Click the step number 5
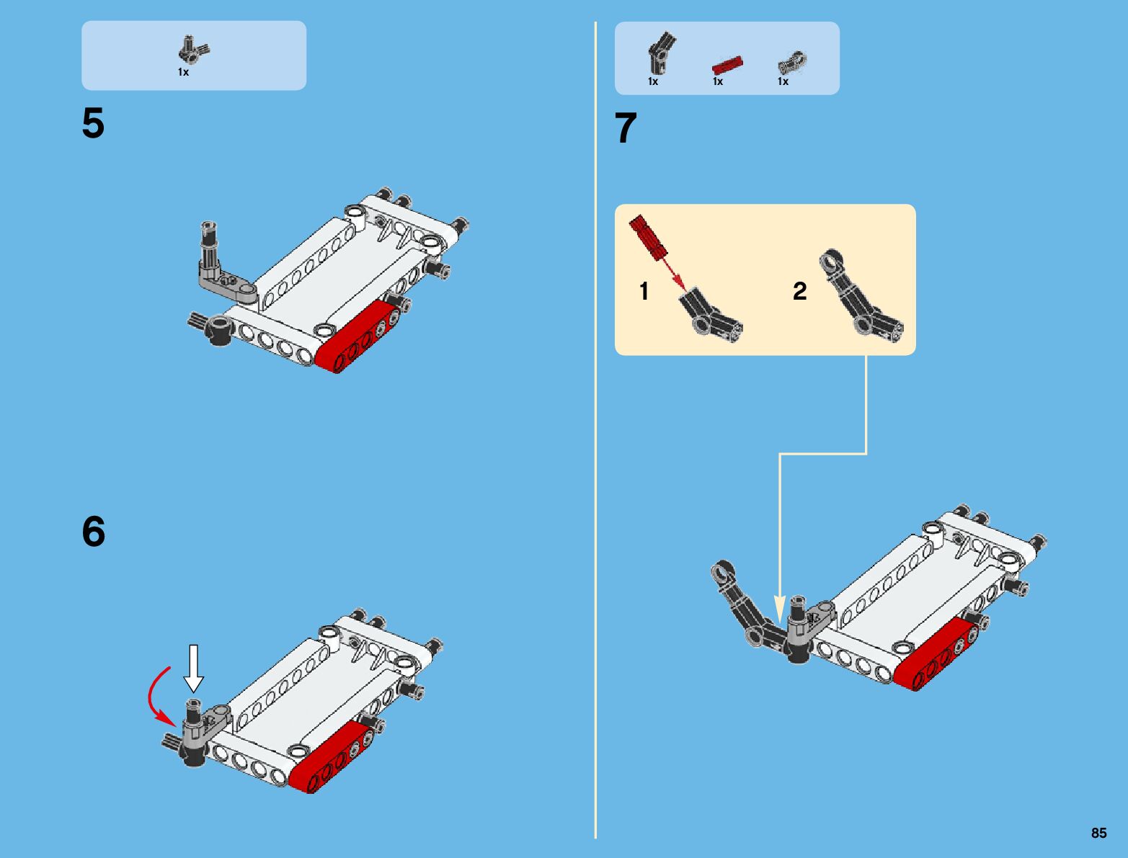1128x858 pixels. tap(93, 122)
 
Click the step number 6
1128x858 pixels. tap(94, 532)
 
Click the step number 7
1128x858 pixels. tap(626, 128)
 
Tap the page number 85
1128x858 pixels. tap(1098, 833)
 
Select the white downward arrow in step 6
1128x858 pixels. tap(194, 669)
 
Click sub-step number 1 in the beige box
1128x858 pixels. tap(644, 291)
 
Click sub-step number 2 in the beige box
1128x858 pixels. tap(799, 291)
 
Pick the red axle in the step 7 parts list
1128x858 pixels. tap(727, 66)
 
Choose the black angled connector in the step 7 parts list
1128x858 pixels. tap(661, 53)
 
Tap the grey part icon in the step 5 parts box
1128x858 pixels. tap(193, 50)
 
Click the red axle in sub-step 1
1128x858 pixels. tap(648, 236)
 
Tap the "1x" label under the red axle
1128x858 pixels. tap(717, 81)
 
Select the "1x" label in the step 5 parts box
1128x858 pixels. tap(184, 72)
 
